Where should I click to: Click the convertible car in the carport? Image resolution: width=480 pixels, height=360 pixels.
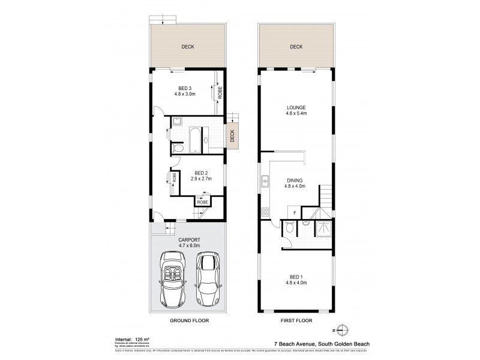point(173,280)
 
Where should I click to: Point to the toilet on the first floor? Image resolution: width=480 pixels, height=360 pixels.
point(289,227)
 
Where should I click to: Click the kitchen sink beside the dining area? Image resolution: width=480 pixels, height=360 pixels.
point(265,181)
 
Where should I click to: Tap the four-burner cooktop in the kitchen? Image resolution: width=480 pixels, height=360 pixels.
point(265,211)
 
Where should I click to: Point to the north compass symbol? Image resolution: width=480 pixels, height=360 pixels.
point(342,328)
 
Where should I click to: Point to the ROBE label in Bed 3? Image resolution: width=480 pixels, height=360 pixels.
point(220,93)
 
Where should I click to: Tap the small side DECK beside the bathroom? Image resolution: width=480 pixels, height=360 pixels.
point(232,136)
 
